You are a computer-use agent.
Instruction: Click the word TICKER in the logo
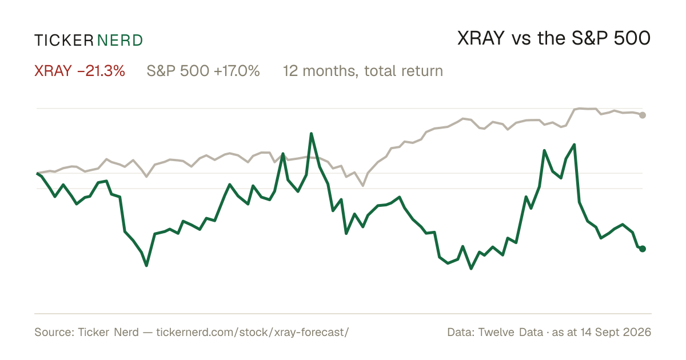[63, 41]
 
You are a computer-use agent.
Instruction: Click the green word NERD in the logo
[120, 41]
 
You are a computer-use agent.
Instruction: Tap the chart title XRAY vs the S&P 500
[554, 39]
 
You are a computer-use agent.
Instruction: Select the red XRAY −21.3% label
[79, 71]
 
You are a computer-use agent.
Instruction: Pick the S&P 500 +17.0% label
[203, 71]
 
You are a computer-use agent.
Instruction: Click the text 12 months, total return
[362, 71]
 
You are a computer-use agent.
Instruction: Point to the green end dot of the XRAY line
[643, 249]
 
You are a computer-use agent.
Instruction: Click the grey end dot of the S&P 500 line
[643, 115]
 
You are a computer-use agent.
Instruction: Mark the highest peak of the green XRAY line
[311, 134]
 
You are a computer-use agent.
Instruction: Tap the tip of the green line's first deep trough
[146, 265]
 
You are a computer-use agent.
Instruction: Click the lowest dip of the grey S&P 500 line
[363, 186]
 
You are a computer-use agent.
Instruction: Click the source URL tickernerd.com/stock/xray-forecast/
[253, 333]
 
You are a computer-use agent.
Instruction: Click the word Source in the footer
[53, 333]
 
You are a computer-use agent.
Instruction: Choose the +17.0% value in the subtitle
[237, 71]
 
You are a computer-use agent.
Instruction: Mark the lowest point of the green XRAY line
[471, 269]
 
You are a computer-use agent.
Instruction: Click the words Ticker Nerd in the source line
[108, 333]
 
